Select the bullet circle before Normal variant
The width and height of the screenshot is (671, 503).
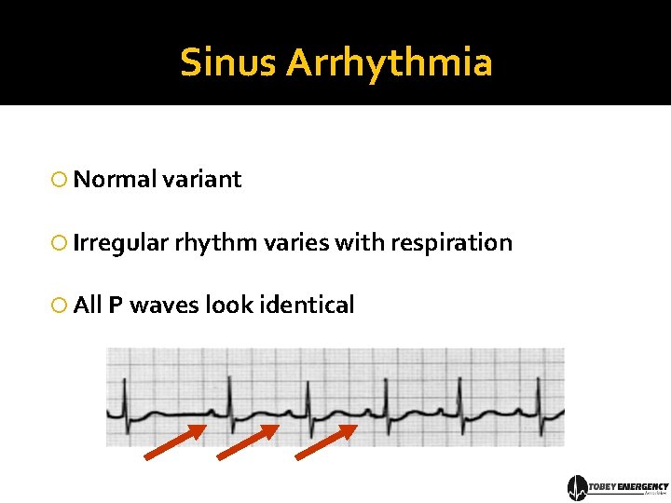tap(60, 180)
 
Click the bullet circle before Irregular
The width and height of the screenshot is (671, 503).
tap(60, 244)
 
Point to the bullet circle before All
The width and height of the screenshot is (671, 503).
tap(60, 306)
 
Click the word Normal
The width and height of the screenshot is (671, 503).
tap(114, 180)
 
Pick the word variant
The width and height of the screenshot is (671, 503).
tap(201, 180)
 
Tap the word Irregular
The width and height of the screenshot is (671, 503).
tap(120, 243)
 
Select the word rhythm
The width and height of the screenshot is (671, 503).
tap(215, 243)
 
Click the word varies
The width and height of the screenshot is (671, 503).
tap(294, 243)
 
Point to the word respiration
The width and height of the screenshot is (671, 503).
tap(451, 243)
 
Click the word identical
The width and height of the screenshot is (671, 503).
tap(307, 306)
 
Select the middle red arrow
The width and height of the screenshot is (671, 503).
tap(248, 442)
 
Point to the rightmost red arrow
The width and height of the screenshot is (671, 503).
tap(326, 442)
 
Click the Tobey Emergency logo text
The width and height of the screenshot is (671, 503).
tap(630, 486)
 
